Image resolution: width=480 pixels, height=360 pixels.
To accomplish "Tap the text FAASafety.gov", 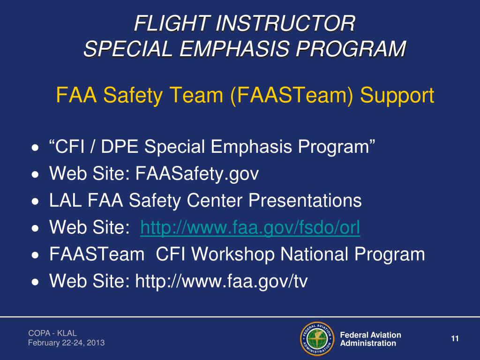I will click(197, 174).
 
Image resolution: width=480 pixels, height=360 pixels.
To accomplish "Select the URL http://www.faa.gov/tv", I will click(221, 281).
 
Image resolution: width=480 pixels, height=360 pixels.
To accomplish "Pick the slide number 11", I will click(454, 339).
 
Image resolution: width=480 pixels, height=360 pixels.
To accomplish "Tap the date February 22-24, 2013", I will click(66, 343).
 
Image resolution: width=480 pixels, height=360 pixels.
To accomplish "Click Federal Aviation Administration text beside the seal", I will click(370, 339).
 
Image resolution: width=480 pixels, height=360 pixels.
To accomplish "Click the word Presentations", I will click(305, 201).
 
